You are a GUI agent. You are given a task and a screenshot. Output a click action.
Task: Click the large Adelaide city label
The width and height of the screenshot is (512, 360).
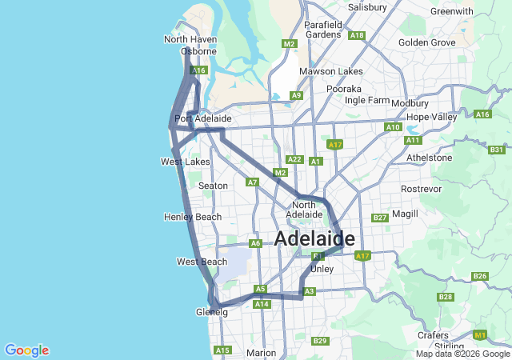point(314,238)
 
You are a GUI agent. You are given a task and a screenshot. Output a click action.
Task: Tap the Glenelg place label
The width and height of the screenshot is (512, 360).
point(211,312)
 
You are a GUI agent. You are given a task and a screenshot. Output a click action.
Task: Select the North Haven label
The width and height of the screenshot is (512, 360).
point(190,39)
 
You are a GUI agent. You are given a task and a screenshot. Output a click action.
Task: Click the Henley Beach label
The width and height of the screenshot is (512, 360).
point(192,217)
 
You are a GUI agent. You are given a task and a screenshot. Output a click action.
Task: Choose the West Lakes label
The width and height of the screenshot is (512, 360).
point(185,162)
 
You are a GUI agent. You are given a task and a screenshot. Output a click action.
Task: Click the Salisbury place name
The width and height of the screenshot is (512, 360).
point(367,7)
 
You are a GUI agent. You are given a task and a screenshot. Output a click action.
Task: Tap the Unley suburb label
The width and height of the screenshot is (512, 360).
point(321,269)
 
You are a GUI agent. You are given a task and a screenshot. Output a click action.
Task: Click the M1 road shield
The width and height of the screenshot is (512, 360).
point(480,334)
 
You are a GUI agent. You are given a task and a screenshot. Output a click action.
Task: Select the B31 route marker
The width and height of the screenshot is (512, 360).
point(497,150)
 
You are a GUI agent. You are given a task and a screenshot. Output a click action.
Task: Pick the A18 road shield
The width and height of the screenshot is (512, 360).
point(357,35)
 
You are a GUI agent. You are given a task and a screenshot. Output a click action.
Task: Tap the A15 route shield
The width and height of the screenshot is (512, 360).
point(222,350)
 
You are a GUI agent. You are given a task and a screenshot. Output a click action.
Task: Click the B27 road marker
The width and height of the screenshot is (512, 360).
point(380,218)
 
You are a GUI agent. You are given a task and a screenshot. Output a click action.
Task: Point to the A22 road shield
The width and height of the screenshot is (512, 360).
point(294,159)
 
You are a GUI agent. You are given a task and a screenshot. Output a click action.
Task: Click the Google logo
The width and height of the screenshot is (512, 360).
point(26,350)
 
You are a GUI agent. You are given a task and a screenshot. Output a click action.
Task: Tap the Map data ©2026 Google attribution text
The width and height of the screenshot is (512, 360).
point(462,354)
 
